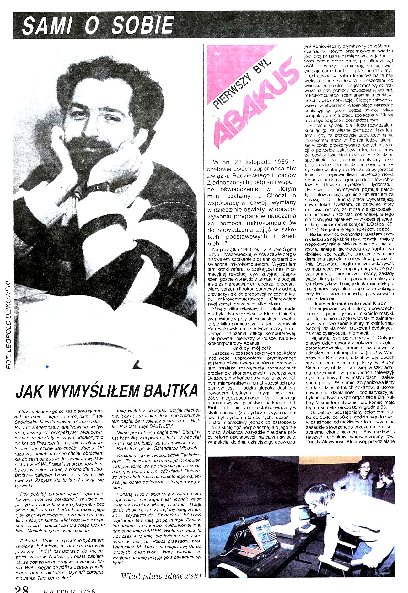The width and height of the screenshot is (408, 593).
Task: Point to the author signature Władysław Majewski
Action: tap(161, 576)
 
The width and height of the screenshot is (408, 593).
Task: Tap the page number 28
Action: tap(22, 589)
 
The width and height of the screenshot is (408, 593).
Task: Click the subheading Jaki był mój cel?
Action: tap(252, 348)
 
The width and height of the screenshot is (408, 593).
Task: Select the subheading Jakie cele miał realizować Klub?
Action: tap(349, 303)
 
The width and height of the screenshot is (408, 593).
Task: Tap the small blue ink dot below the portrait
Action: tap(47, 366)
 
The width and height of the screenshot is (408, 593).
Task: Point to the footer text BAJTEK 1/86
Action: tap(69, 590)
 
